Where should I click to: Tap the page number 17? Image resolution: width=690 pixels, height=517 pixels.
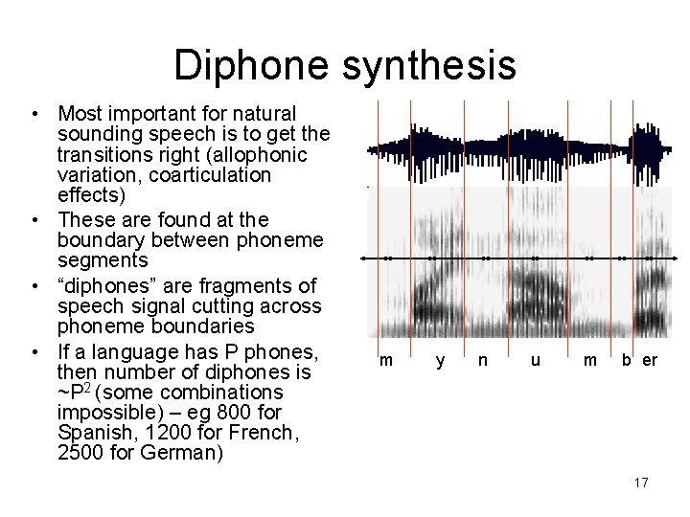coord(641,483)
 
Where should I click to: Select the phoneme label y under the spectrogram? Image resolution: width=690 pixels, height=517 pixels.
coord(440,360)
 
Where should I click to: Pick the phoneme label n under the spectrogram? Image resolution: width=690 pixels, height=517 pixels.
coord(483,360)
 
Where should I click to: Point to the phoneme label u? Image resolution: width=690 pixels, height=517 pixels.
coord(537,360)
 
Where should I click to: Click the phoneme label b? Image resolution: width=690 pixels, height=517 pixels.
coord(627,360)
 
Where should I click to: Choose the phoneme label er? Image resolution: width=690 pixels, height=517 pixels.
coord(650,360)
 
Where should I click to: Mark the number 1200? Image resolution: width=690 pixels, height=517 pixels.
coord(188,433)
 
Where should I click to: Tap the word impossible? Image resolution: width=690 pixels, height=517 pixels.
coord(103,413)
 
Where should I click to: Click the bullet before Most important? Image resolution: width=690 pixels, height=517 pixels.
coord(34,113)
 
